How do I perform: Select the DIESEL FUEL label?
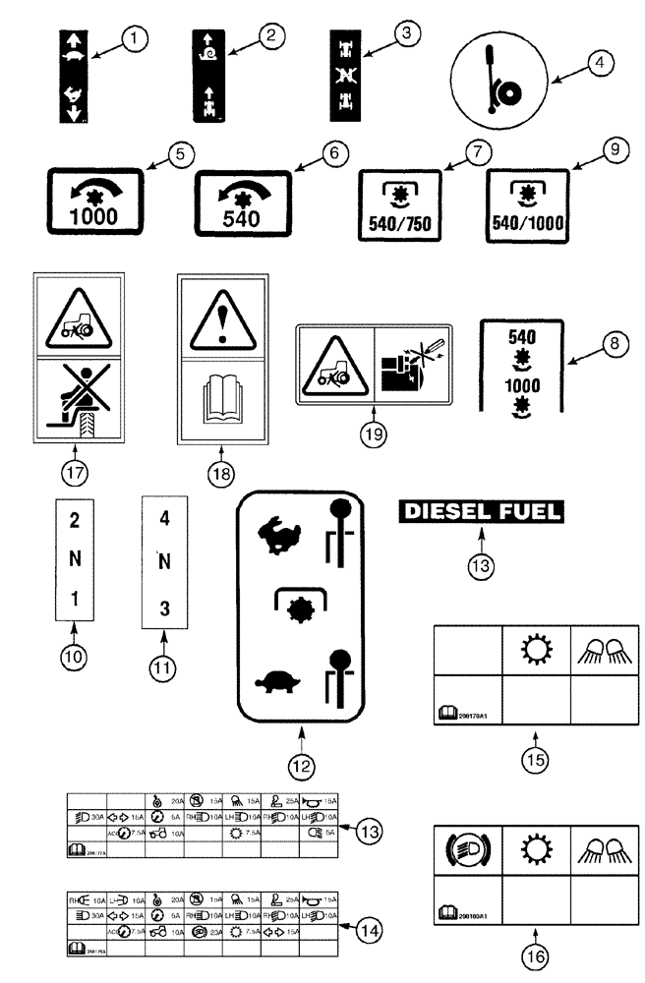tap(481, 510)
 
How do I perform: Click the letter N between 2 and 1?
tap(74, 560)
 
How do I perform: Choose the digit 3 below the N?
tap(164, 608)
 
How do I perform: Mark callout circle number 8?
tap(616, 345)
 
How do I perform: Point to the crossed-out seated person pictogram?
tap(76, 400)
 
